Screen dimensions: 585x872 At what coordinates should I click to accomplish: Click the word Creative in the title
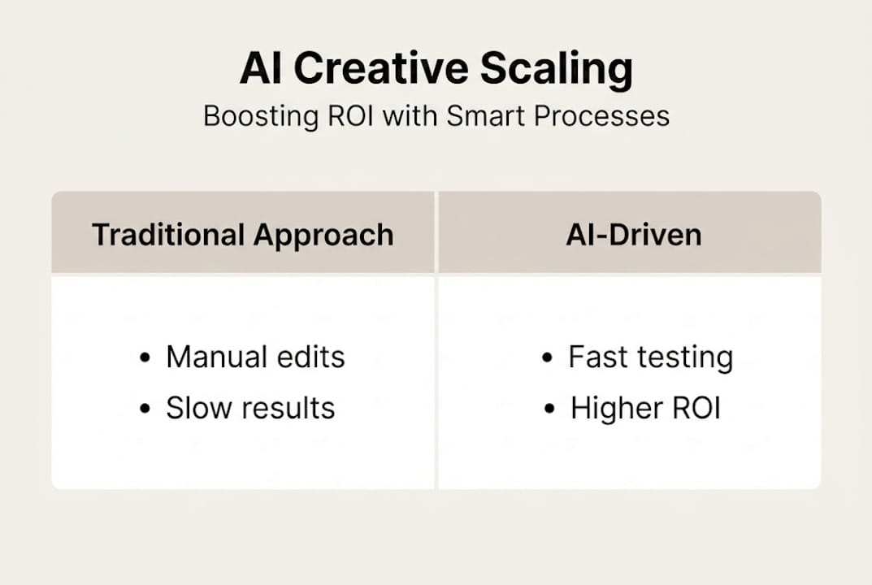point(380,70)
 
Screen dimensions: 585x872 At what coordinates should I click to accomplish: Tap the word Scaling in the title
point(556,70)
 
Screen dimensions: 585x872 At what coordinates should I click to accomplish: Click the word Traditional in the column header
point(167,235)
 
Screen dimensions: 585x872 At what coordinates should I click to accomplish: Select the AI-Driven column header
point(633,235)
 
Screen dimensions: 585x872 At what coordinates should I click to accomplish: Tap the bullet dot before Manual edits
point(145,358)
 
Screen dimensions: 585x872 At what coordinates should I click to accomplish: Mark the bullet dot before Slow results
point(145,409)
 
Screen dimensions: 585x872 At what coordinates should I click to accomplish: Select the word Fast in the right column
point(597,357)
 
